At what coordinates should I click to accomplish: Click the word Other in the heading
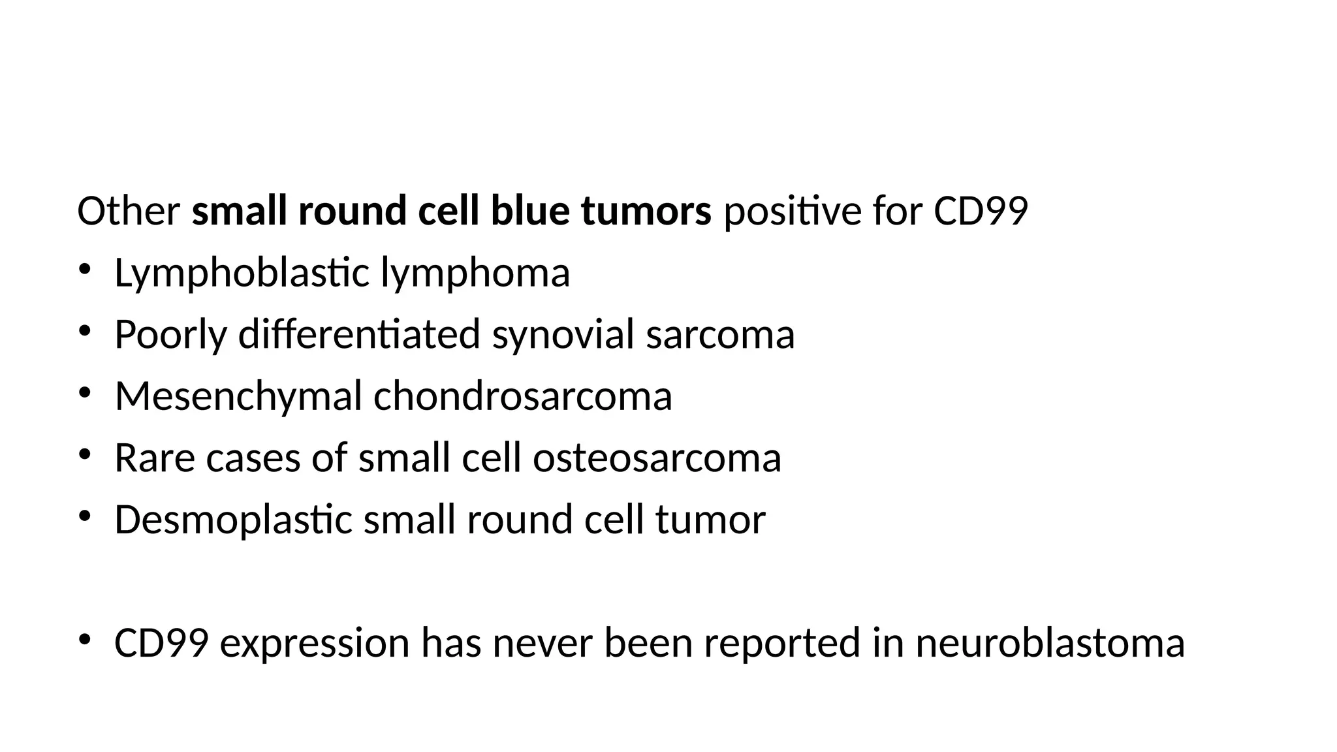(129, 211)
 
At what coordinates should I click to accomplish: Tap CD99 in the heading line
(981, 211)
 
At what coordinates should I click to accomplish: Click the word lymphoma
(475, 274)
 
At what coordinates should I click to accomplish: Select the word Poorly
(170, 335)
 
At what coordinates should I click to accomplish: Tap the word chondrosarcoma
(522, 396)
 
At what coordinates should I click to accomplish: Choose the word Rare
(155, 458)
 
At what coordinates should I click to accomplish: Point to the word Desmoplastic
(233, 520)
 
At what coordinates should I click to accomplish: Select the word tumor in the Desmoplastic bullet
(710, 520)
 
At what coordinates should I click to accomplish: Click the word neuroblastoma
(1050, 643)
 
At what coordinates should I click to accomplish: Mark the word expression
(315, 643)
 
